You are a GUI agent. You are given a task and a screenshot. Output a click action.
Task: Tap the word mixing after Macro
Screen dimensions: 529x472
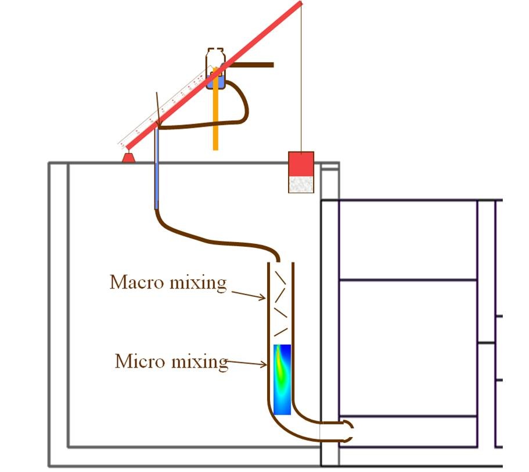pyautogui.click(x=198, y=283)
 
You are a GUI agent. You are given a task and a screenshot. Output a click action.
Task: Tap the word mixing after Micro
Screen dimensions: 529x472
pyautogui.click(x=200, y=363)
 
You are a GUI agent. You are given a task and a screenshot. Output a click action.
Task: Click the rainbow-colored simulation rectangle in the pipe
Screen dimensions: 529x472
pyautogui.click(x=282, y=380)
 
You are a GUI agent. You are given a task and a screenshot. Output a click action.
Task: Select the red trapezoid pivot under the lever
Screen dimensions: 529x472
pyautogui.click(x=128, y=158)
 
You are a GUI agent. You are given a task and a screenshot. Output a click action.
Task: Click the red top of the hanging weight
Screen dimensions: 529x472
pyautogui.click(x=301, y=164)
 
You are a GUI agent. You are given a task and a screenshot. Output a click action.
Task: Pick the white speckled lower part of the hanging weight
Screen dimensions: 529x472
pyautogui.click(x=301, y=185)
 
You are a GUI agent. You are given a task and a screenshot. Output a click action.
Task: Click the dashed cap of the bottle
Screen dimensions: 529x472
pyautogui.click(x=215, y=51)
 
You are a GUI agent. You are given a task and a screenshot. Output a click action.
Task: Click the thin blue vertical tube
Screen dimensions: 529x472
pyautogui.click(x=156, y=169)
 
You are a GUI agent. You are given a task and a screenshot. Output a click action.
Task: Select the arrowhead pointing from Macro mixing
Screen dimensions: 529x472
pyautogui.click(x=262, y=297)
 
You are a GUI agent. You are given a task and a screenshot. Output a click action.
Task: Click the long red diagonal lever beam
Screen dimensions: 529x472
pyautogui.click(x=214, y=75)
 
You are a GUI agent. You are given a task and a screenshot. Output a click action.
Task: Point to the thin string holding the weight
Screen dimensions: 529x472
pyautogui.click(x=301, y=78)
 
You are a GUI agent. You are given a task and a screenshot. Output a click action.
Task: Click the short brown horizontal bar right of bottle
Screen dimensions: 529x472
pyautogui.click(x=252, y=65)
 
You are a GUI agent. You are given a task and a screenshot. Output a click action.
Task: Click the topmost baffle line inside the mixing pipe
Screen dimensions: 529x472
pyautogui.click(x=280, y=278)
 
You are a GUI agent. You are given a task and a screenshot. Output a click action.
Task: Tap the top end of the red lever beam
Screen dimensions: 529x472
pyautogui.click(x=301, y=3)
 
